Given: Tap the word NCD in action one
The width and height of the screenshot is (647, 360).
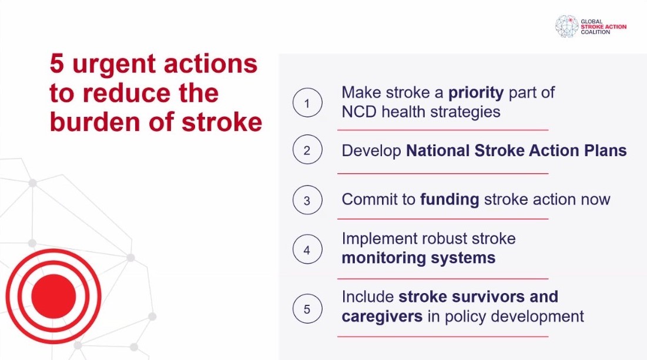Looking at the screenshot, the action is [x=359, y=112].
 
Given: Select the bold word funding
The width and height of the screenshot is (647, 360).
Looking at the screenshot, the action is [x=450, y=200].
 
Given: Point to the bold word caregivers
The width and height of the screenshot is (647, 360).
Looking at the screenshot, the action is [x=382, y=317].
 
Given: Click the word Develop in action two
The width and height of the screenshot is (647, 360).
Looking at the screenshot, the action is [x=371, y=151].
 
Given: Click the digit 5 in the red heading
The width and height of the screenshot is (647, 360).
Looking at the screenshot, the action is [x=57, y=64].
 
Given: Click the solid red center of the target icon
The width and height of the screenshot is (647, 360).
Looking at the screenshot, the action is [x=53, y=296].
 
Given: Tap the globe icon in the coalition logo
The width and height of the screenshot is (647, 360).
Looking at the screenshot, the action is [x=567, y=26].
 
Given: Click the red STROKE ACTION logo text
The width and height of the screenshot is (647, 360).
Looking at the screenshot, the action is [x=604, y=27].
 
